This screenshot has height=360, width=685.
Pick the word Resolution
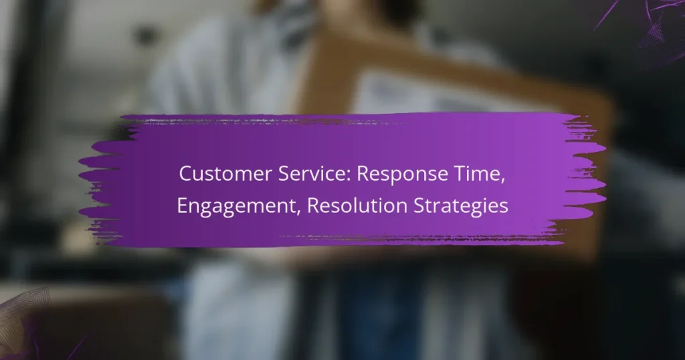[337, 206]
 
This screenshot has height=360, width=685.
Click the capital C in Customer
[185, 175]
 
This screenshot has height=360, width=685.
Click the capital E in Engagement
[181, 206]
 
